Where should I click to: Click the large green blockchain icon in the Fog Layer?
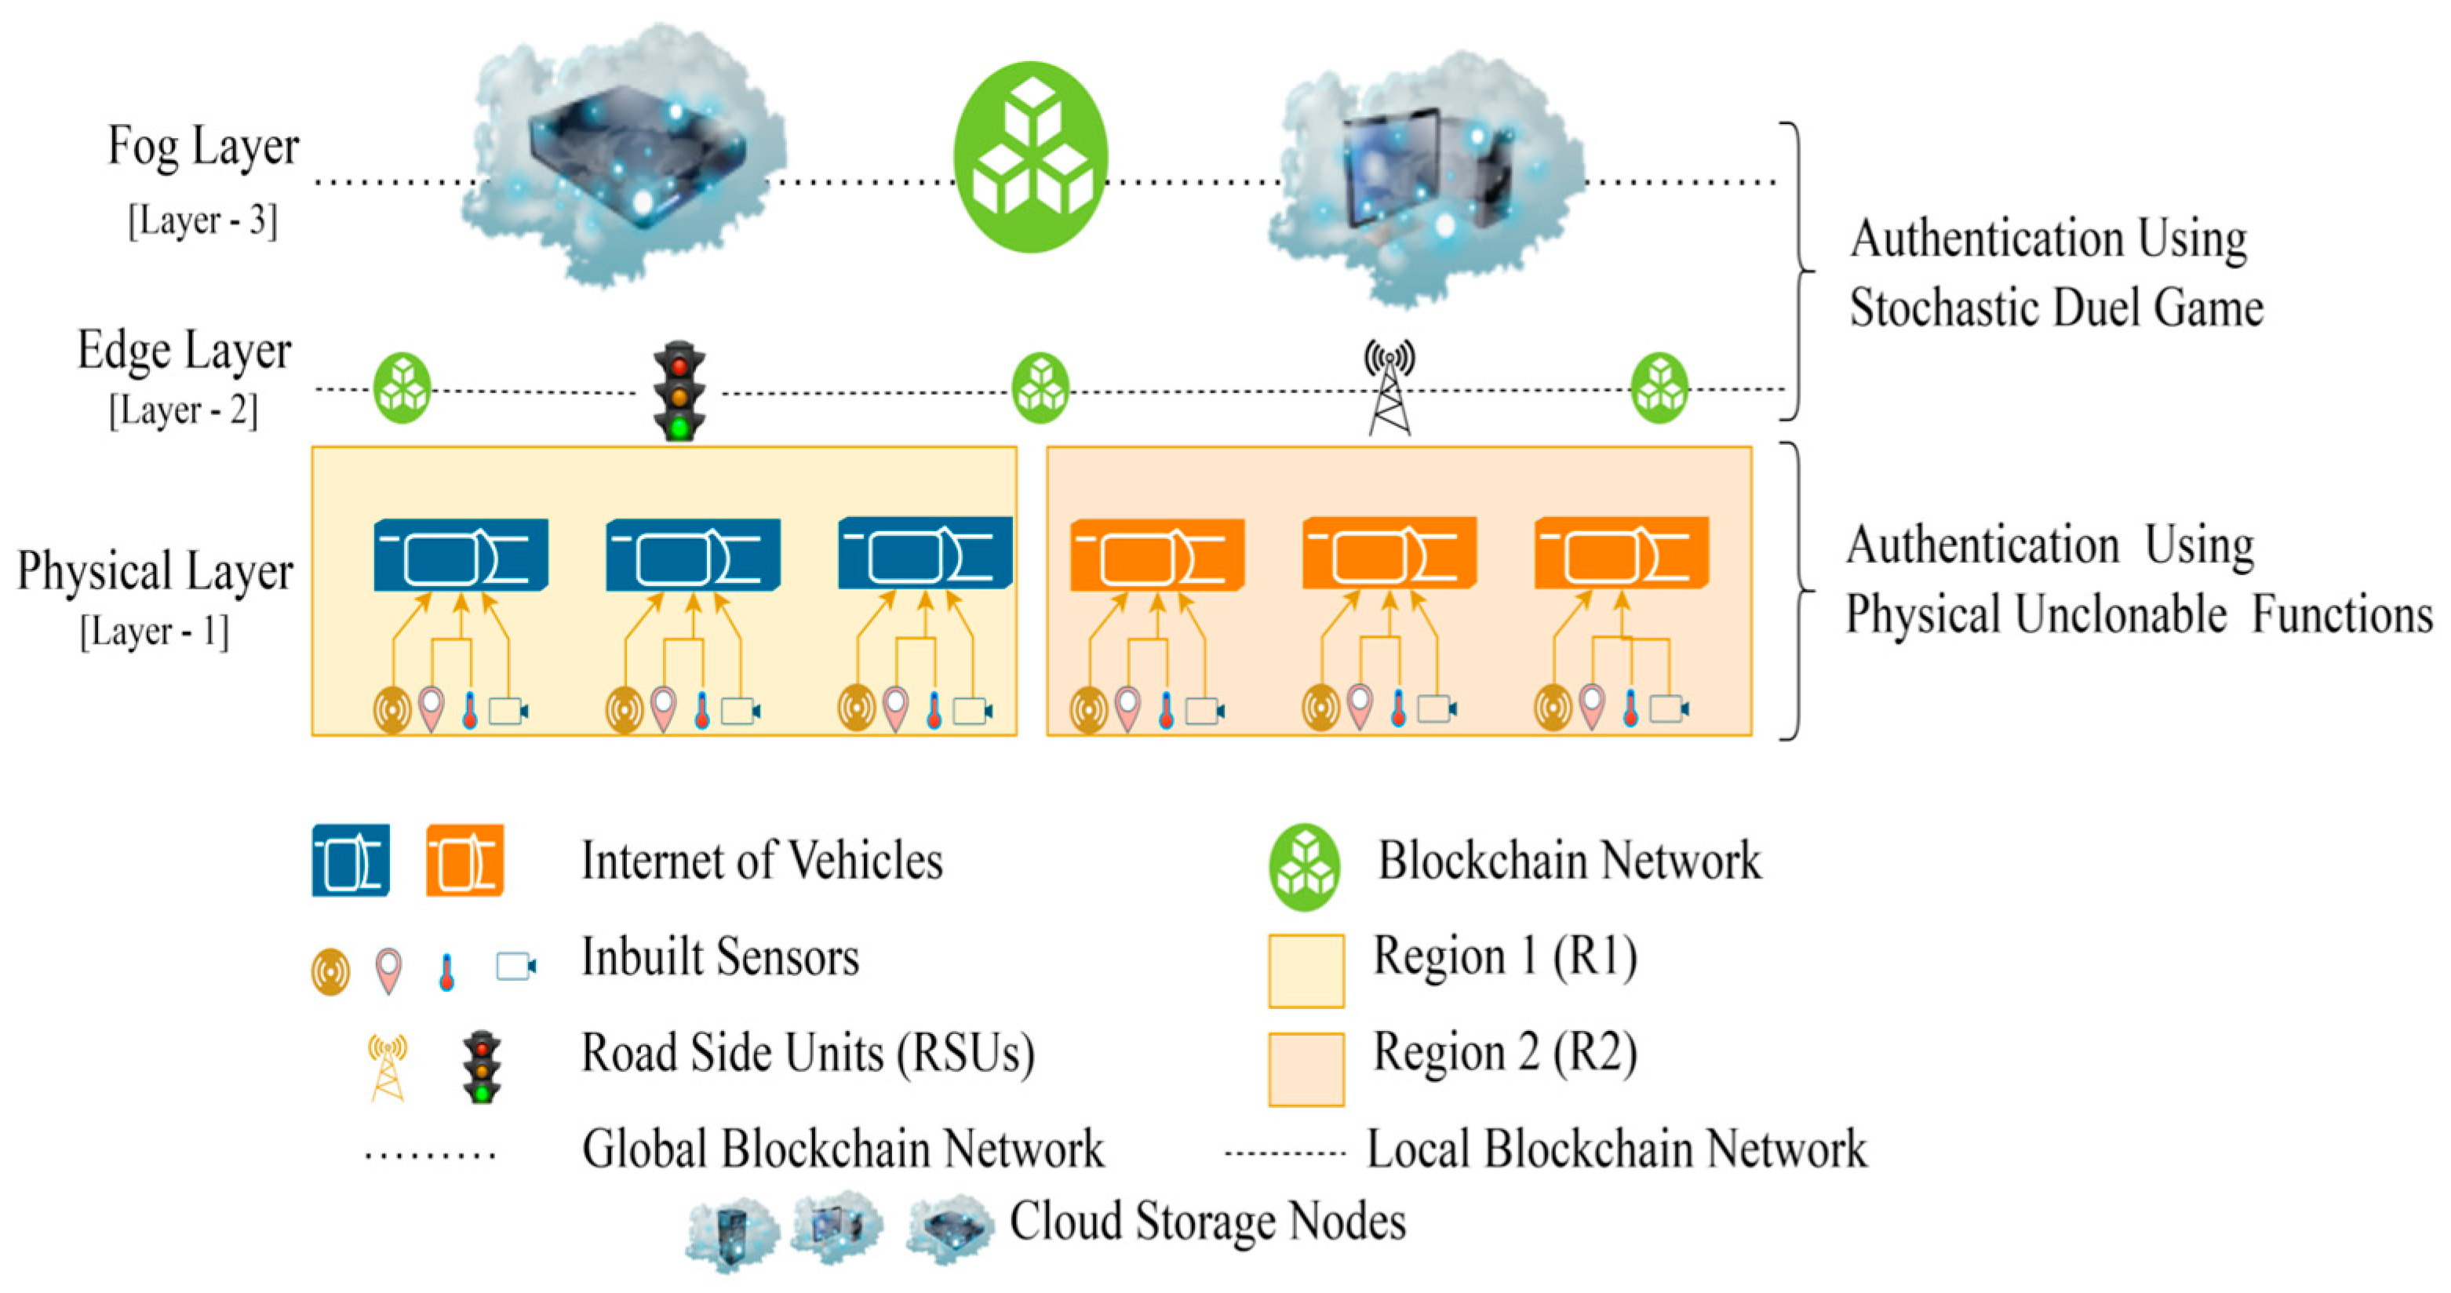pyautogui.click(x=1032, y=157)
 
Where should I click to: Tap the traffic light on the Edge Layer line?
pyautogui.click(x=679, y=390)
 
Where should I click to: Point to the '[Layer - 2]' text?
pyautogui.click(x=183, y=411)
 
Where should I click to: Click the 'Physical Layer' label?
pyautogui.click(x=155, y=572)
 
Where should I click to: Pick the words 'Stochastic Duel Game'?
pyautogui.click(x=2056, y=308)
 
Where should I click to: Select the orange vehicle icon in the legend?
pyautogui.click(x=464, y=860)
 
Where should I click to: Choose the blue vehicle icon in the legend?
pyautogui.click(x=351, y=860)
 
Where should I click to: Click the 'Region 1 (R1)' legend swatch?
pyautogui.click(x=1306, y=971)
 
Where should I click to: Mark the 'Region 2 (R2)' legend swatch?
pyautogui.click(x=1306, y=1069)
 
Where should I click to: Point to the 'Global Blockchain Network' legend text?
pyautogui.click(x=843, y=1149)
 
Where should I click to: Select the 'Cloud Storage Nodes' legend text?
pyautogui.click(x=1207, y=1221)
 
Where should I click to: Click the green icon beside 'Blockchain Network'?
pyautogui.click(x=1305, y=867)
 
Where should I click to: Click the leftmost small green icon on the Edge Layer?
pyautogui.click(x=402, y=388)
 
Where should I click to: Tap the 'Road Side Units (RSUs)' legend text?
pyautogui.click(x=808, y=1053)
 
